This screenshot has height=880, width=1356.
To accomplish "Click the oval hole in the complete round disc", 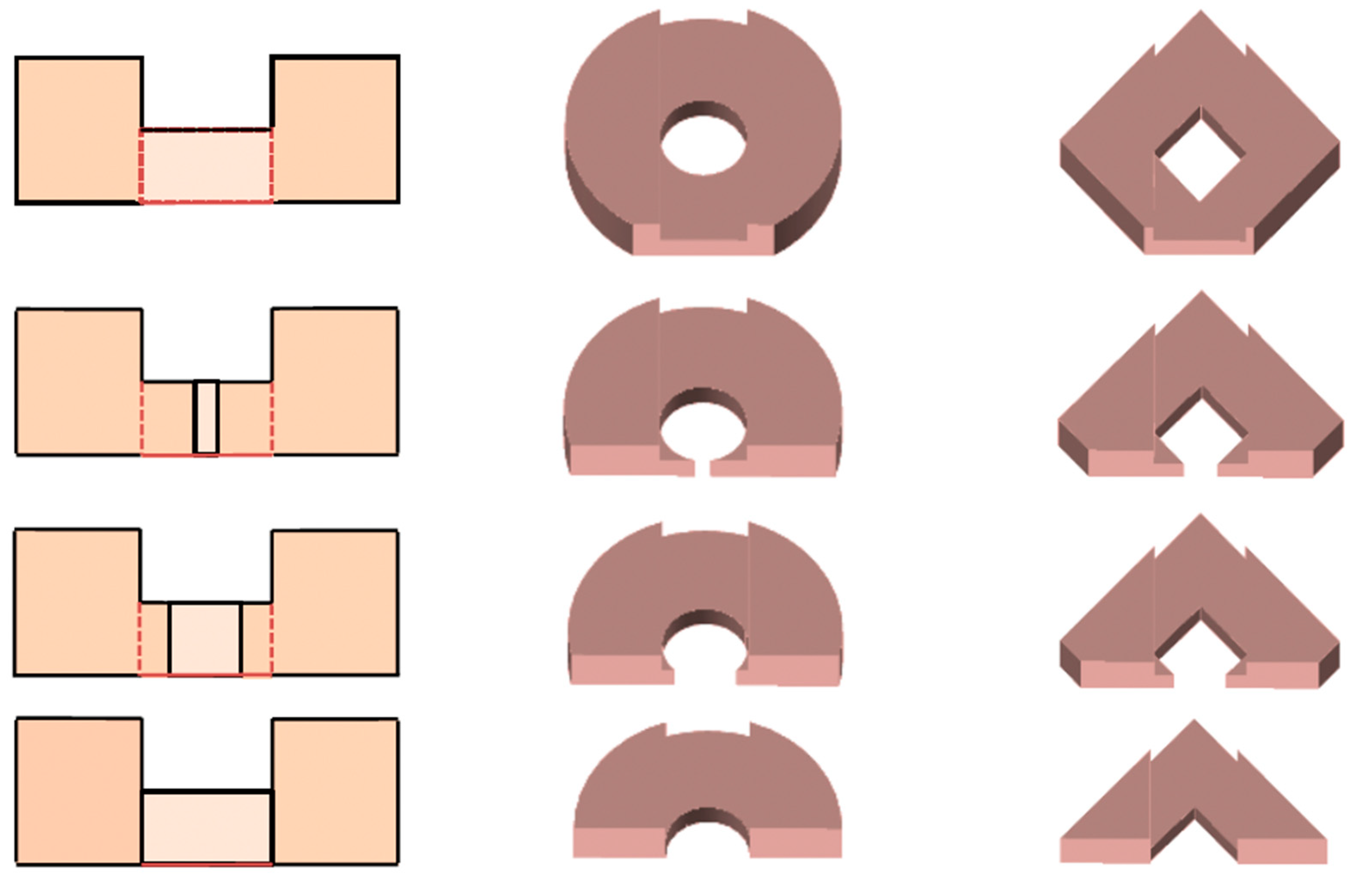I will pyautogui.click(x=703, y=145).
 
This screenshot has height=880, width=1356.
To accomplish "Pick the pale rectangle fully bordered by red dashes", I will pyautogui.click(x=206, y=165).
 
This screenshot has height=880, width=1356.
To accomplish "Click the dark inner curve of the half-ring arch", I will pyautogui.click(x=707, y=821).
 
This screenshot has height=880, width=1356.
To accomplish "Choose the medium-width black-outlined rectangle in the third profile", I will pyautogui.click(x=206, y=639).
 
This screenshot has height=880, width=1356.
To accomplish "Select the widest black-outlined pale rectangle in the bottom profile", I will pyautogui.click(x=206, y=828).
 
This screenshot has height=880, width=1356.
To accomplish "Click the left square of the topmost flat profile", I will pyautogui.click(x=79, y=129).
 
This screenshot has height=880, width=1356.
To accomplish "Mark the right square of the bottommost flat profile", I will pyautogui.click(x=335, y=792).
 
